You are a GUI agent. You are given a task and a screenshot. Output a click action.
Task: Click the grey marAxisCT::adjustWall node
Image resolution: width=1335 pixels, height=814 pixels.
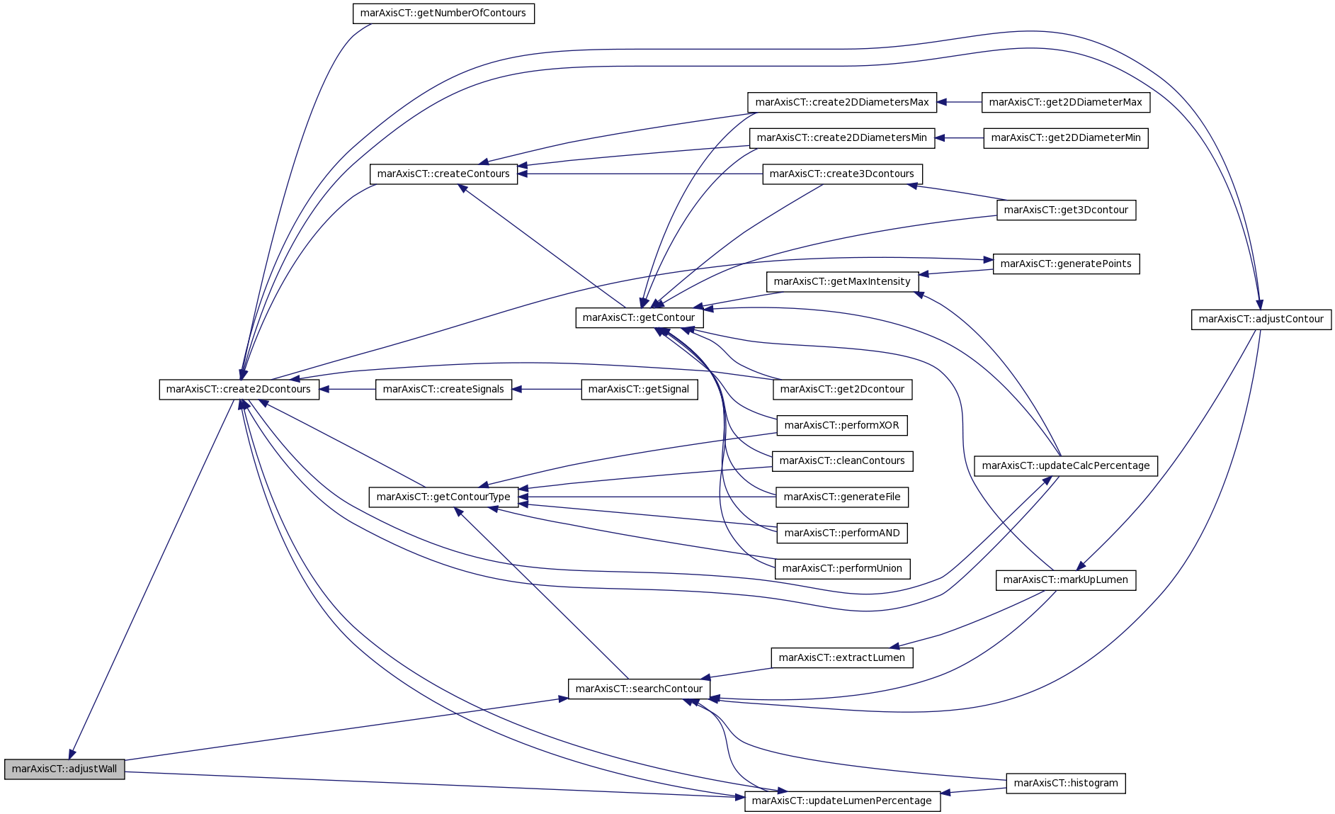pyautogui.click(x=64, y=769)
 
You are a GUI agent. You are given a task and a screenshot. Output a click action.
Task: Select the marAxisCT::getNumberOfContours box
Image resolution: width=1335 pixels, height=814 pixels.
pyautogui.click(x=443, y=13)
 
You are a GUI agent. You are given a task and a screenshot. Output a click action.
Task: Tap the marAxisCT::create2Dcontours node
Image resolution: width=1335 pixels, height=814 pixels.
pyautogui.click(x=239, y=389)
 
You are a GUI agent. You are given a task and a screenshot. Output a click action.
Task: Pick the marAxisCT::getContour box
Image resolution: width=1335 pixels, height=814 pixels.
pyautogui.click(x=640, y=317)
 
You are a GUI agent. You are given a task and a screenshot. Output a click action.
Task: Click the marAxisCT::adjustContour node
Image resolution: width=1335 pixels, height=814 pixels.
pyautogui.click(x=1261, y=319)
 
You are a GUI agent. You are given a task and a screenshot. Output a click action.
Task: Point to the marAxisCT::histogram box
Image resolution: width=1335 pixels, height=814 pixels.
pyautogui.click(x=1066, y=783)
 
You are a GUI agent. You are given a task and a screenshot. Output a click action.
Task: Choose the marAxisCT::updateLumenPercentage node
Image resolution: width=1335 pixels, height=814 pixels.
pyautogui.click(x=842, y=801)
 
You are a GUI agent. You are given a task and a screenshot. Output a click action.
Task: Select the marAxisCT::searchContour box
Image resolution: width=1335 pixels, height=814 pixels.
pyautogui.click(x=640, y=689)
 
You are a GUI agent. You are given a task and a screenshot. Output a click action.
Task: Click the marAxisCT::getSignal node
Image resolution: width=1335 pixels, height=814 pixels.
pyautogui.click(x=640, y=389)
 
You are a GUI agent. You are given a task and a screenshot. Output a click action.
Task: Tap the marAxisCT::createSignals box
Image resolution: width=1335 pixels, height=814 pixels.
pyautogui.click(x=443, y=389)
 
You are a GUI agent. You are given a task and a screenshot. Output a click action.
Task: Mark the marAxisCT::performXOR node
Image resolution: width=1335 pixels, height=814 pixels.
pyautogui.click(x=842, y=425)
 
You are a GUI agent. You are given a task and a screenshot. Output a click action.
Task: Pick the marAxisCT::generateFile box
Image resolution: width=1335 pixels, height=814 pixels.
pyautogui.click(x=842, y=497)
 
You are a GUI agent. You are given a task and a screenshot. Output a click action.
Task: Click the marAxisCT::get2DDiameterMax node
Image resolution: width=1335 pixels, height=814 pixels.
pyautogui.click(x=1066, y=102)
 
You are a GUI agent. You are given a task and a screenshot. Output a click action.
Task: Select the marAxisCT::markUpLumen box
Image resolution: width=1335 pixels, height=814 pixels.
pyautogui.click(x=1066, y=580)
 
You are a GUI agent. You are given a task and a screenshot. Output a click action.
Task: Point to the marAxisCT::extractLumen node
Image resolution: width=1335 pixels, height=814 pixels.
pyautogui.click(x=842, y=657)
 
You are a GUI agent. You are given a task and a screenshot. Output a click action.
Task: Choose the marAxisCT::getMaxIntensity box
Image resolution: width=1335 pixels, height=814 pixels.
pyautogui.click(x=842, y=281)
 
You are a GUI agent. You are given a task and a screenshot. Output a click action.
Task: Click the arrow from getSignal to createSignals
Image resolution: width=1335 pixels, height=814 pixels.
pyautogui.click(x=546, y=389)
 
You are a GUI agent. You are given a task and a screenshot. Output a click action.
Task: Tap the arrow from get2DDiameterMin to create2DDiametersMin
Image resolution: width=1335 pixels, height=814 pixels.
pyautogui.click(x=960, y=138)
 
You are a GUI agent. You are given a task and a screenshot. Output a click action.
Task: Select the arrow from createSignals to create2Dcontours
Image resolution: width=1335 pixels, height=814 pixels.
pyautogui.click(x=347, y=389)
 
